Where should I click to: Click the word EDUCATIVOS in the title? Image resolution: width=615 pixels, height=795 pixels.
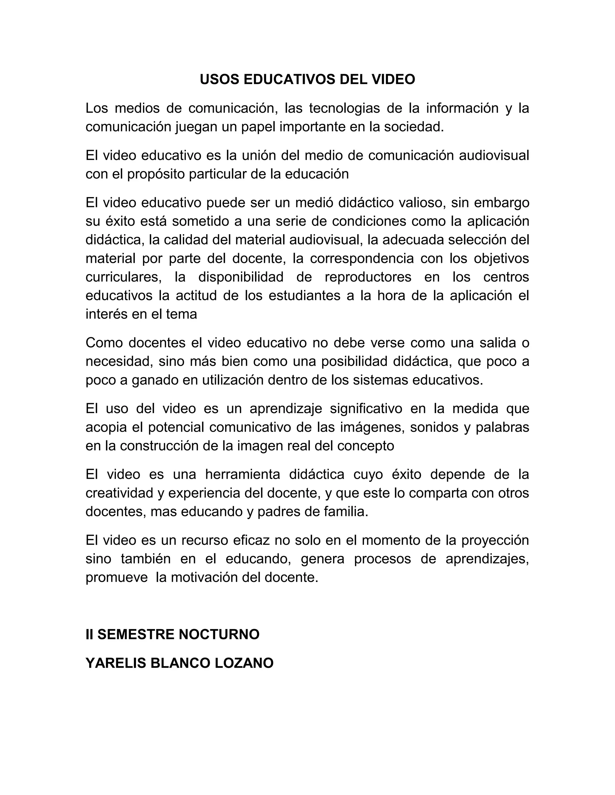point(289,80)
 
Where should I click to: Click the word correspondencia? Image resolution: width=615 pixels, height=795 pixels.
point(362,258)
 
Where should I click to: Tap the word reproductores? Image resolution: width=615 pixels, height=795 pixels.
point(368,277)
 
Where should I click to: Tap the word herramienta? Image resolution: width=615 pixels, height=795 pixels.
point(243,474)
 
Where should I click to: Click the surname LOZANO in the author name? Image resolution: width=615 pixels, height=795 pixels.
point(244,663)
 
